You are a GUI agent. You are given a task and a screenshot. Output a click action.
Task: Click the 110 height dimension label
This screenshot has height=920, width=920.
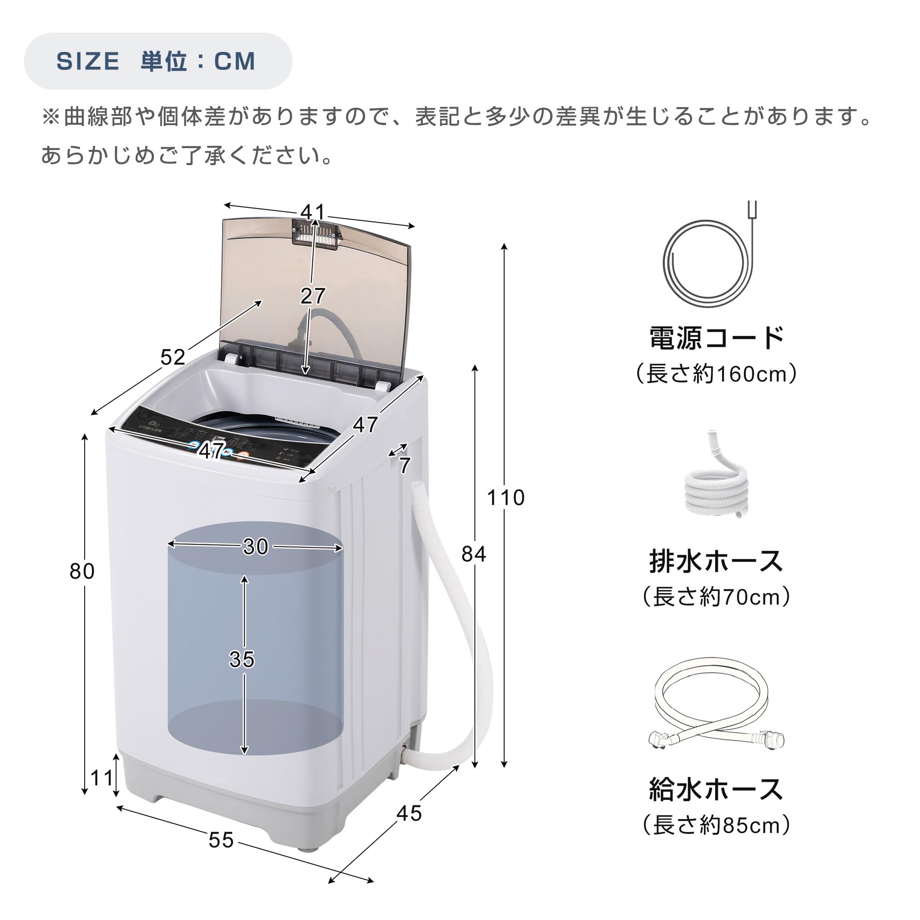[x=505, y=498]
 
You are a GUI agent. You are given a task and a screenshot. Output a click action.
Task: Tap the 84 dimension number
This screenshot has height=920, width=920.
[x=473, y=554]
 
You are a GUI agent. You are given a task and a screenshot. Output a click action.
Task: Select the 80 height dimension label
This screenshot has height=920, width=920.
[x=82, y=571]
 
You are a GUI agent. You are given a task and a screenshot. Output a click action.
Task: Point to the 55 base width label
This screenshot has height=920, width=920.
[x=221, y=840]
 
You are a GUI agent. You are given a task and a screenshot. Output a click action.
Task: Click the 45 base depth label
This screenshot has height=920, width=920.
[x=409, y=813]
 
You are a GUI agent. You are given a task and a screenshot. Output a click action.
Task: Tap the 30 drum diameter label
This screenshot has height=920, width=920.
[x=256, y=546]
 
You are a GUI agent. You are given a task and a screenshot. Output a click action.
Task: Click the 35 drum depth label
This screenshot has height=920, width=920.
[x=242, y=660]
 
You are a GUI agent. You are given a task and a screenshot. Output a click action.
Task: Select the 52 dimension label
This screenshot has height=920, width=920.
[x=172, y=357]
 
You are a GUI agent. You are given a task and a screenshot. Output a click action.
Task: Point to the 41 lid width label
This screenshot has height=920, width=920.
[x=313, y=212]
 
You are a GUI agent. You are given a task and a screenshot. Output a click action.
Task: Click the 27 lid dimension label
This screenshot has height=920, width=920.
[x=313, y=296]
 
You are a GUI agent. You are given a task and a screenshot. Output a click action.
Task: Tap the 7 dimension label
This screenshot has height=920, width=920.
[x=405, y=466]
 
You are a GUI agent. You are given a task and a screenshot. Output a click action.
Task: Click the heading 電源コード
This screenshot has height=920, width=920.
[x=716, y=338]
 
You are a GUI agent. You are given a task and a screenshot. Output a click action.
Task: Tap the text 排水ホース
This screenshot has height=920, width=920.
[x=716, y=561]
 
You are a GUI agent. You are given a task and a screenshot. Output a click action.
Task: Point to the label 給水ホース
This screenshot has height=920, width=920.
[x=716, y=789]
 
